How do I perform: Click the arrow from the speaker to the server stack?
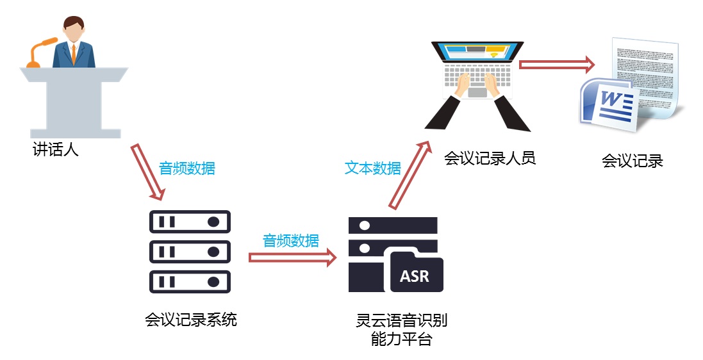[149, 172]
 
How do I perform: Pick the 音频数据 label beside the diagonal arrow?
[187, 168]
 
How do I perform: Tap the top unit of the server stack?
[190, 222]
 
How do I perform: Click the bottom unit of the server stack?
[190, 281]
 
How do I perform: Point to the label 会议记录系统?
[191, 319]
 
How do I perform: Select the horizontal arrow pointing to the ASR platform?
[292, 258]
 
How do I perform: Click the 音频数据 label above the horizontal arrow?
[291, 241]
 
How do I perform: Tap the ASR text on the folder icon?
[415, 277]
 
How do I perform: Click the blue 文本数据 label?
[373, 168]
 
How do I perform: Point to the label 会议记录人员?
[490, 158]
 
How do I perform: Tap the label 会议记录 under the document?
[632, 161]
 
